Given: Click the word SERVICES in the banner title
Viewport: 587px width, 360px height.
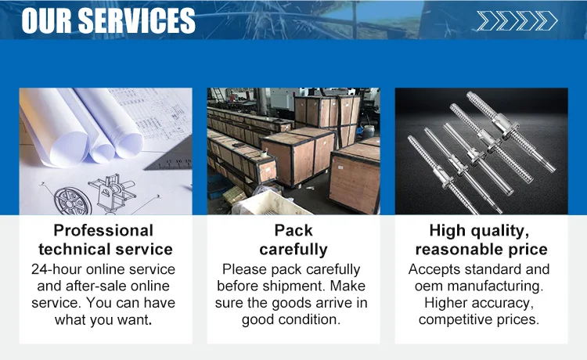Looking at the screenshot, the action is pos(137,20).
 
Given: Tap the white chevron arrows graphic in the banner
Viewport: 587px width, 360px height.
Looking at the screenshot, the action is pos(517,20).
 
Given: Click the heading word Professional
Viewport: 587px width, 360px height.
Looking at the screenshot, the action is pos(103,231).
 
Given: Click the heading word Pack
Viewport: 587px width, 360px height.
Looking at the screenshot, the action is pos(293,231).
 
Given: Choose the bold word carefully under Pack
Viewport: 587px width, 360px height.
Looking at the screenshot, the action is pos(293,250).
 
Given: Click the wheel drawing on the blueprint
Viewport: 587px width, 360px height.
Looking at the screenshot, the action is pos(73,201).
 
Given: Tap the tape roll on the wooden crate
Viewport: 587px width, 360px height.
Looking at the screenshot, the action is pos(263,153).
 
